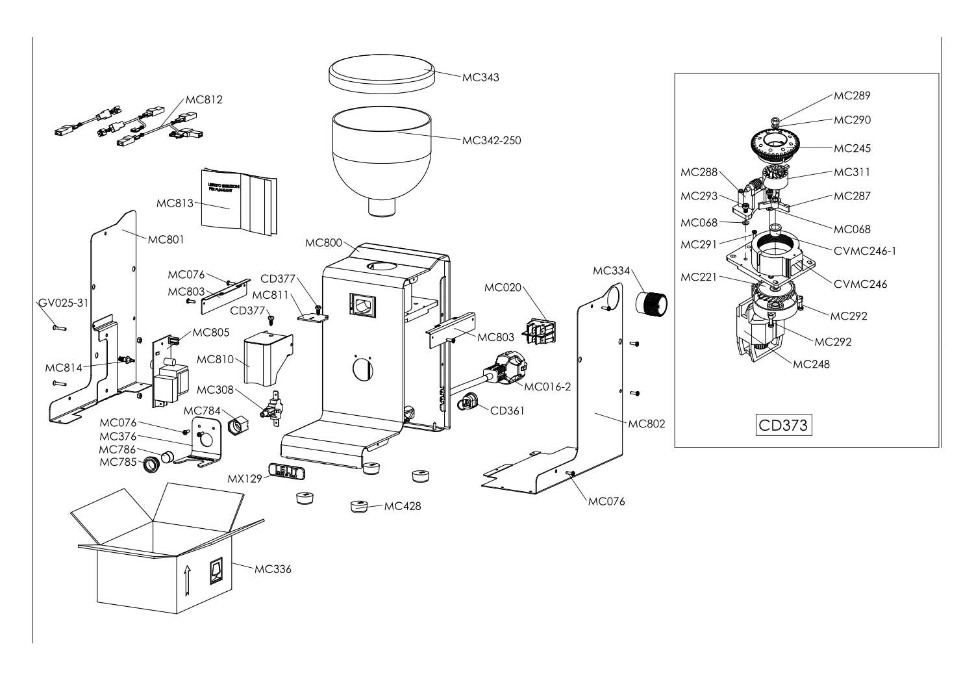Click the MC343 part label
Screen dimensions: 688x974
pos(481,78)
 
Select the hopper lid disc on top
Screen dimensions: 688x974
pos(381,73)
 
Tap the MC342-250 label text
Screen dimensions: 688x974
pos(491,140)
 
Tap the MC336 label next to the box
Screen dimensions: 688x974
pos(273,570)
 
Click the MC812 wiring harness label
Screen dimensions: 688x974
pos(204,100)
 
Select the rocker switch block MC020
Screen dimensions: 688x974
pos(540,331)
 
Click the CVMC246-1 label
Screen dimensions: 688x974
pos(864,251)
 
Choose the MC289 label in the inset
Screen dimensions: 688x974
pos(852,96)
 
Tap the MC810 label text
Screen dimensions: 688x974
pos(215,359)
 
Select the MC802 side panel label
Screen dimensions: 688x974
pos(647,424)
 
